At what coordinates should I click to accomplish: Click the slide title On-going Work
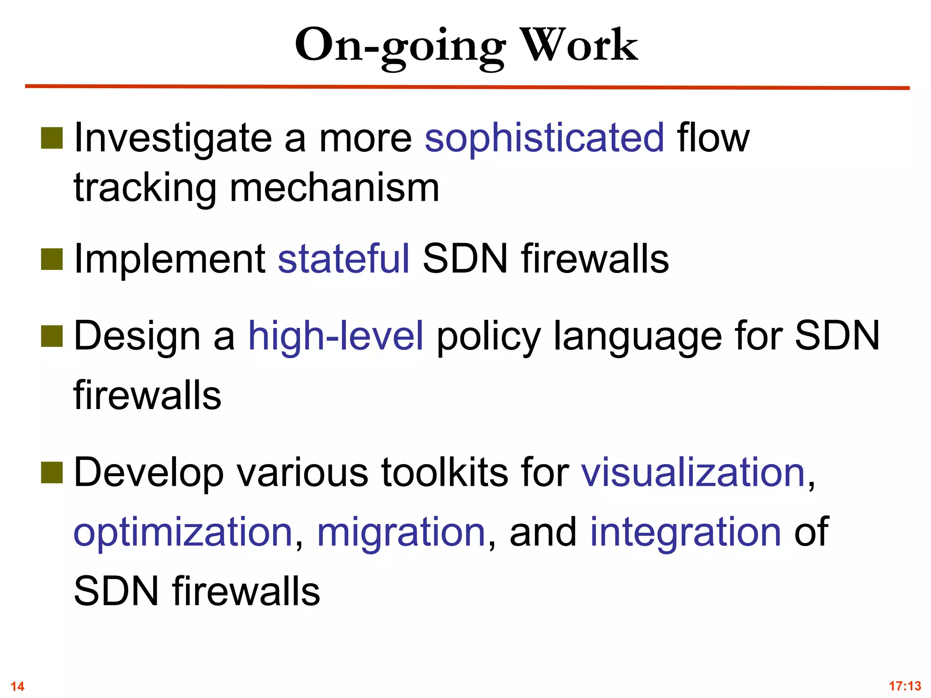click(x=466, y=45)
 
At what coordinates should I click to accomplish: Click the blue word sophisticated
click(x=544, y=138)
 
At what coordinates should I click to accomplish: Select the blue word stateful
click(x=344, y=259)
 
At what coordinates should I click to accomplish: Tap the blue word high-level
click(x=336, y=336)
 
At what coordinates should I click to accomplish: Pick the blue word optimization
click(x=183, y=532)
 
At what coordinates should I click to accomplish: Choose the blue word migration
click(x=401, y=532)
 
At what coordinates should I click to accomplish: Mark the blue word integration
click(x=686, y=532)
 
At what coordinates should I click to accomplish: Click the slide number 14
click(x=17, y=686)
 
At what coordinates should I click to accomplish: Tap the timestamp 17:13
click(x=905, y=685)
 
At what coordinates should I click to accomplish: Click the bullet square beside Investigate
click(x=52, y=138)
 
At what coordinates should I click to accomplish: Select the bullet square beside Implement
click(x=52, y=259)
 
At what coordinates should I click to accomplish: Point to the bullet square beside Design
click(x=52, y=336)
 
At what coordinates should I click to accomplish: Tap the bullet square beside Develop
click(x=52, y=473)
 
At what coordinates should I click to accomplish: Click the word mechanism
click(x=335, y=188)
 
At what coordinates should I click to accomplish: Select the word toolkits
click(x=444, y=473)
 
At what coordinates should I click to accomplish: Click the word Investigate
click(x=173, y=139)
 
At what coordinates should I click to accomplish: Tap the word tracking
click(x=145, y=189)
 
